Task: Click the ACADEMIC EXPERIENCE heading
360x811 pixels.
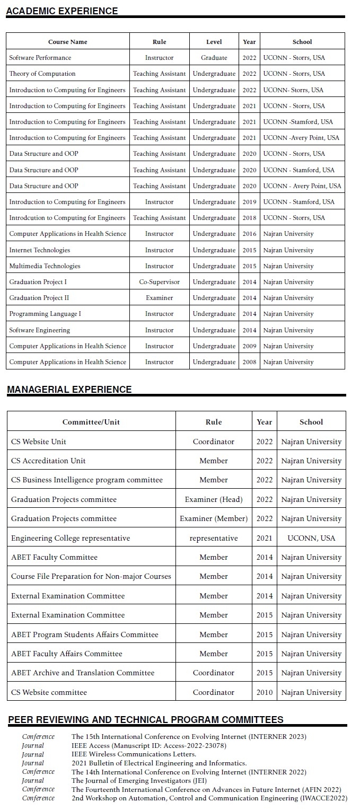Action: pyautogui.click(x=62, y=11)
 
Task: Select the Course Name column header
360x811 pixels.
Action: pyautogui.click(x=67, y=42)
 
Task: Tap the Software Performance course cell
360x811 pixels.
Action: pyautogui.click(x=40, y=58)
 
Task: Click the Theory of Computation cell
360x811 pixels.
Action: pyautogui.click(x=42, y=74)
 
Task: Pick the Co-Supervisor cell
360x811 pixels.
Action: pyautogui.click(x=159, y=282)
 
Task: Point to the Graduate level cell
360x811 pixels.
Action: pyautogui.click(x=214, y=58)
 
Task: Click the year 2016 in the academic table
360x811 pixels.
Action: pyautogui.click(x=249, y=234)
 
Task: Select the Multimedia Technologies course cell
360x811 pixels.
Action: pyautogui.click(x=45, y=266)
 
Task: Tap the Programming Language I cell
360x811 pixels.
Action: pyautogui.click(x=45, y=314)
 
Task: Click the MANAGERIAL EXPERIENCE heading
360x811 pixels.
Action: pyautogui.click(x=69, y=390)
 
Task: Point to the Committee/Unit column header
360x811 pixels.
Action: pyautogui.click(x=91, y=422)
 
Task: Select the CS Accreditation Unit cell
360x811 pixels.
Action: pyautogui.click(x=48, y=461)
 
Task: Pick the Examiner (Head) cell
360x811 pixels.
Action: pyautogui.click(x=213, y=499)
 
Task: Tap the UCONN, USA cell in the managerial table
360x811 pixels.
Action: pyautogui.click(x=311, y=538)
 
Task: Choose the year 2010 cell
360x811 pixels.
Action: pyautogui.click(x=265, y=692)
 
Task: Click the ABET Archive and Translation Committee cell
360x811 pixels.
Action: pyautogui.click(x=83, y=673)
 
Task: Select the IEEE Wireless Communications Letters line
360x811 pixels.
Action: pyautogui.click(x=134, y=754)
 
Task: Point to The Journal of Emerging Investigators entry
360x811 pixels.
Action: pyautogui.click(x=139, y=780)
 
